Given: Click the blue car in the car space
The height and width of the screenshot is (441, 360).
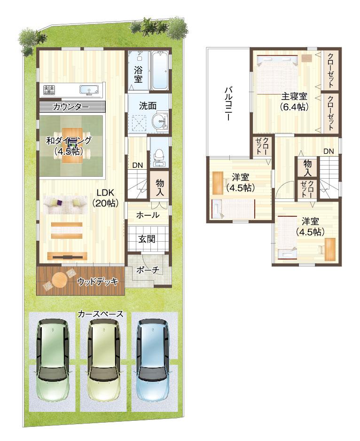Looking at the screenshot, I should click(154, 360).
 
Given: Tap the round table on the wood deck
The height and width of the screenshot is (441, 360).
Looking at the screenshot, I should click(60, 280).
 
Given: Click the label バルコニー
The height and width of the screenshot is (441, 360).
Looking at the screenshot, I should click(227, 104).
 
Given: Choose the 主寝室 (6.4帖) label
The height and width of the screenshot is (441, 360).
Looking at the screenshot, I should click(294, 102).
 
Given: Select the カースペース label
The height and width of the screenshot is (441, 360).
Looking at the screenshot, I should click(101, 314).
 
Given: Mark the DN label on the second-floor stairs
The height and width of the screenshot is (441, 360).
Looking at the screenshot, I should click(329, 151).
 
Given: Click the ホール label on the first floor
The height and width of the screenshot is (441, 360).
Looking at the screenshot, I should click(147, 215).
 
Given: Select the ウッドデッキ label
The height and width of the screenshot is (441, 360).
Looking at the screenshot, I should click(97, 281).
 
